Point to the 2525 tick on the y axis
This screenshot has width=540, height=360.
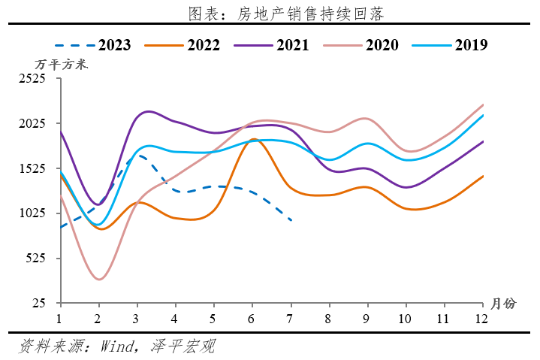coord(32,78)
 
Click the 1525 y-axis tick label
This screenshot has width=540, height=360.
coord(32,168)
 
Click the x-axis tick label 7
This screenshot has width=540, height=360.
coord(290,318)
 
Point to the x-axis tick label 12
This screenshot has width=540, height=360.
coord(481,318)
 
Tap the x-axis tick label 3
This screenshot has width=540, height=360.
coord(137,318)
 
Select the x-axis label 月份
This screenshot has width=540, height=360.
coord(503,304)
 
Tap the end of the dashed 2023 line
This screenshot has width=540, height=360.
coord(291,219)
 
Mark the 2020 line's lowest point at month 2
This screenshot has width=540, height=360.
coord(99,280)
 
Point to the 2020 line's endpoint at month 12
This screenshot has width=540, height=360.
coord(482,104)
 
